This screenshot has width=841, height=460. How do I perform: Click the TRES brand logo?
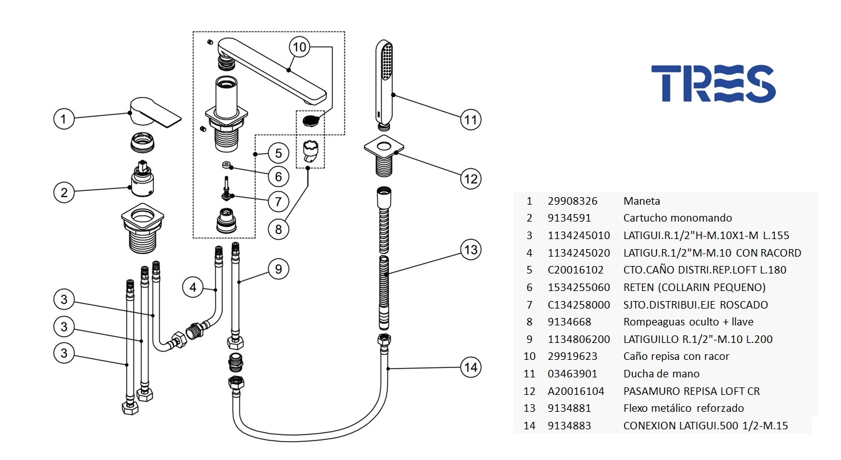(x=713, y=84)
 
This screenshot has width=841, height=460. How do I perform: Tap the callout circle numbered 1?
(x=64, y=118)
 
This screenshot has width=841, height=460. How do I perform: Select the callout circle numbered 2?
(x=64, y=192)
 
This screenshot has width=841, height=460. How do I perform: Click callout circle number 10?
(x=300, y=47)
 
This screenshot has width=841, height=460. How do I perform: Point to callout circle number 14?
(x=470, y=367)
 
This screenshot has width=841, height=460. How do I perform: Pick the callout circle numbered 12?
(x=470, y=179)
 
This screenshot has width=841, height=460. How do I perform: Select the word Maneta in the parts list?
(x=642, y=202)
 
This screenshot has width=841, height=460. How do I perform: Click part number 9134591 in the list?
(x=569, y=218)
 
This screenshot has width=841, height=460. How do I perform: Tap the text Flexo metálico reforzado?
(x=683, y=408)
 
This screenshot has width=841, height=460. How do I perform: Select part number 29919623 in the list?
(x=572, y=357)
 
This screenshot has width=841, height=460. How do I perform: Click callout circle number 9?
(x=278, y=270)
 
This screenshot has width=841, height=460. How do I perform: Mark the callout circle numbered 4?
(x=193, y=288)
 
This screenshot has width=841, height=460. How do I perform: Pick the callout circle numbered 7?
(x=278, y=202)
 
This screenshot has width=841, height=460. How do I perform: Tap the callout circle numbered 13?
(x=470, y=250)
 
